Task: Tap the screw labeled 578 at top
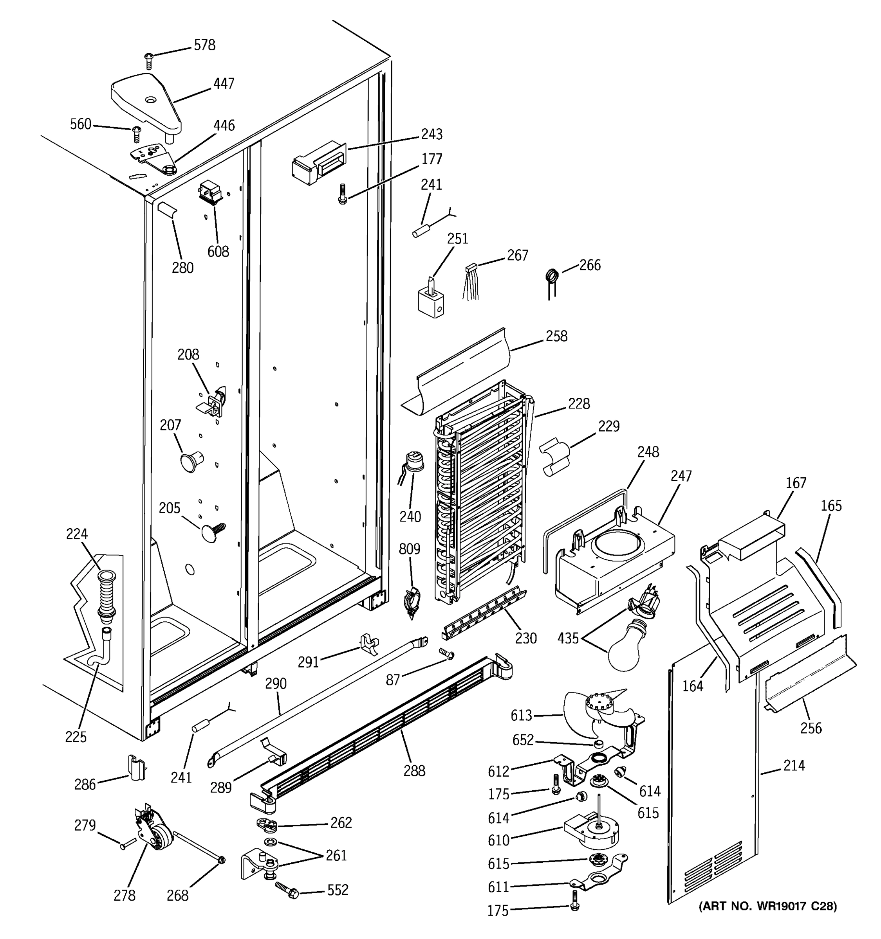[149, 61]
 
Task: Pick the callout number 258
[556, 336]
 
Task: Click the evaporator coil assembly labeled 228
[480, 496]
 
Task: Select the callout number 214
[794, 765]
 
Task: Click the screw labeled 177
[342, 194]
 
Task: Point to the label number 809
[409, 549]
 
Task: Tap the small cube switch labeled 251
[431, 301]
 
